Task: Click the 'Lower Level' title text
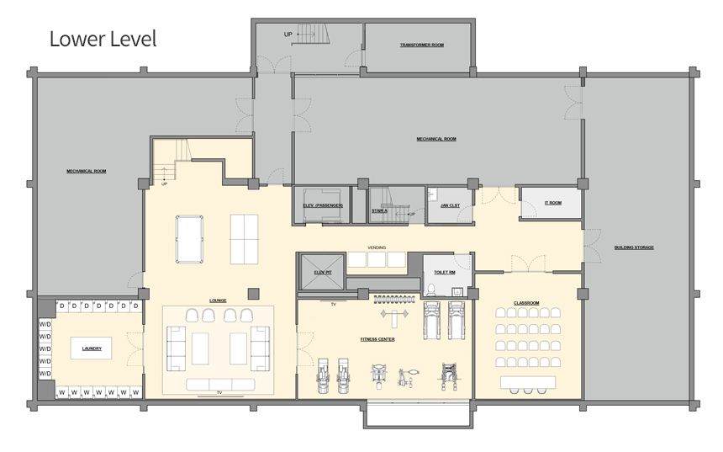click(103, 39)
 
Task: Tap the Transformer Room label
click(421, 45)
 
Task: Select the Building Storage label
click(634, 247)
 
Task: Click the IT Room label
click(552, 203)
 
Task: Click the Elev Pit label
click(323, 273)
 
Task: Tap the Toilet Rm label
click(446, 273)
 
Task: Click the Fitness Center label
click(377, 339)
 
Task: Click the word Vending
click(376, 248)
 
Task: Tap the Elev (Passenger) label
click(322, 205)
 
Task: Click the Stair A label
click(379, 210)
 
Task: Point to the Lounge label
click(219, 300)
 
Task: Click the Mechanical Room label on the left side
click(87, 171)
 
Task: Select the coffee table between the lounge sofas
click(200, 348)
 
